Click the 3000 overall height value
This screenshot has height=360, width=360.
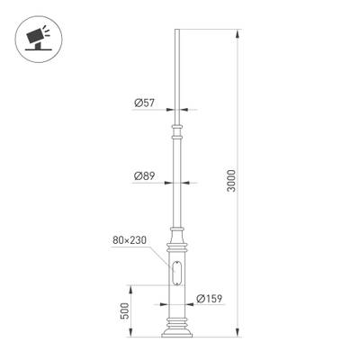[231, 184]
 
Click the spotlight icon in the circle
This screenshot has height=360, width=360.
[33, 35]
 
